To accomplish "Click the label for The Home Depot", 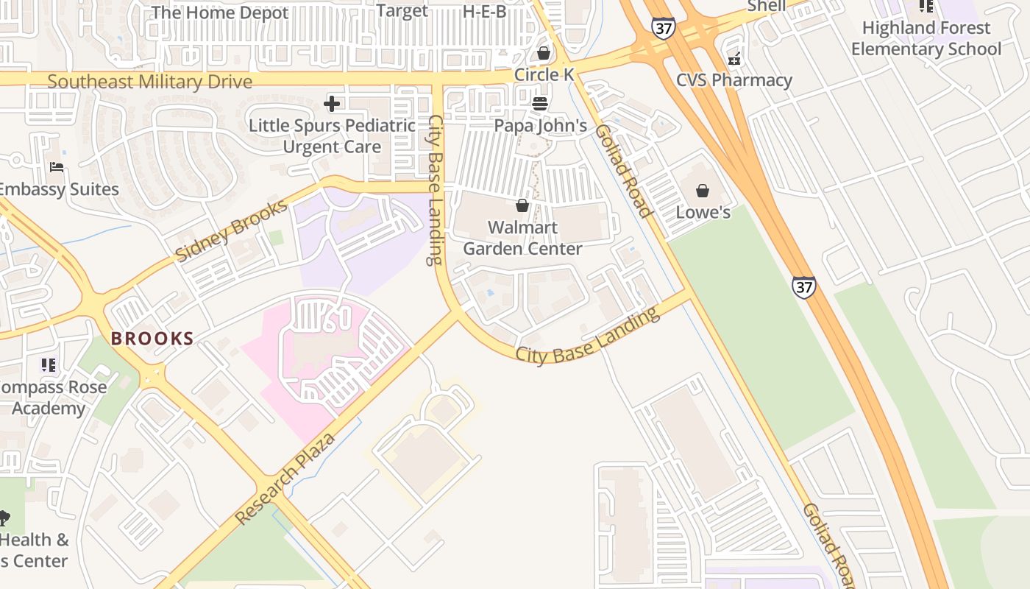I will [219, 13].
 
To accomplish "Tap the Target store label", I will [402, 10].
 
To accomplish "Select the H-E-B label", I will [484, 11].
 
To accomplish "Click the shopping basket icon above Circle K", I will [544, 53].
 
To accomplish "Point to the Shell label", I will [766, 6].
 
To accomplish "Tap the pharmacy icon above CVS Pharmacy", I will [734, 59].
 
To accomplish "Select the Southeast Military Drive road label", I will [149, 81].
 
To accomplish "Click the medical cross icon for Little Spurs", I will [332, 104].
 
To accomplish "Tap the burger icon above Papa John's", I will [540, 104].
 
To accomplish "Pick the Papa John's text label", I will [540, 126].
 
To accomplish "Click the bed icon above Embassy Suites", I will [57, 167].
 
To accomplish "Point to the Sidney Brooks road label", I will [231, 230].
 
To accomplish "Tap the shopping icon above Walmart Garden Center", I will [522, 205].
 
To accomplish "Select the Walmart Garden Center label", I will [522, 238].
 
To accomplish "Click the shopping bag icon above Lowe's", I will [703, 191].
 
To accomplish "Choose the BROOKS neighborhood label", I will [152, 339].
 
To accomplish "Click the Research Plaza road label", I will [285, 479].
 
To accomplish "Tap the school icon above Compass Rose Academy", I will [49, 364].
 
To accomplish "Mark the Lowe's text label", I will [703, 213].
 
